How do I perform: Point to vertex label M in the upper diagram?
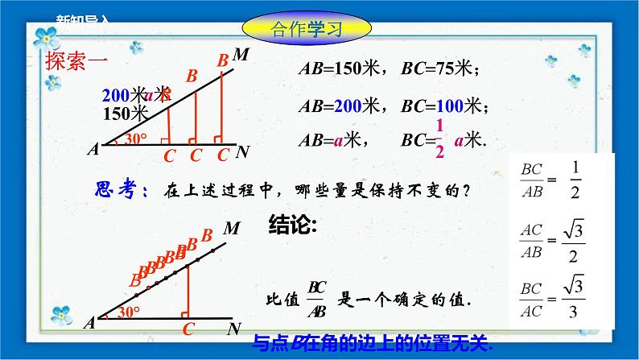coord(240,55)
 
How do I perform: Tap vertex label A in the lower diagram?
coord(89,323)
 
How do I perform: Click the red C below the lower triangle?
coord(188,329)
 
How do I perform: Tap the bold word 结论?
coord(291,226)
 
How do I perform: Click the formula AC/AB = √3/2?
coord(554,240)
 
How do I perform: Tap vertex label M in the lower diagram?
coord(232,228)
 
